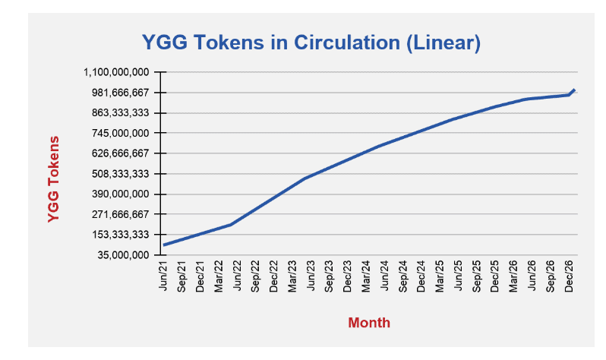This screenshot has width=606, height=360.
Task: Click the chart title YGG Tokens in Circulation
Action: pyautogui.click(x=311, y=43)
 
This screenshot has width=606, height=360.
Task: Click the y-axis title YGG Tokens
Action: pyautogui.click(x=53, y=179)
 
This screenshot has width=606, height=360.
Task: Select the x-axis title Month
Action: pyautogui.click(x=369, y=323)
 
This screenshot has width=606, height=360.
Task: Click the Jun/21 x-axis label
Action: pyautogui.click(x=163, y=276)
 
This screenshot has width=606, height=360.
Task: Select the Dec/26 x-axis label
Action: pyautogui.click(x=569, y=276)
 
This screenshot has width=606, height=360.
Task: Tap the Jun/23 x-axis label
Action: pyautogui.click(x=311, y=276)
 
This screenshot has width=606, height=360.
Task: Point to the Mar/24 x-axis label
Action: pyautogui.click(x=366, y=276)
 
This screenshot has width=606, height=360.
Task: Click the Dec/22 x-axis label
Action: pyautogui.click(x=274, y=276)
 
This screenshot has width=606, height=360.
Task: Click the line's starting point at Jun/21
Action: pyautogui.click(x=164, y=245)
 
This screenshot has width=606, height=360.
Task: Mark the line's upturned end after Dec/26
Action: pyautogui.click(x=575, y=90)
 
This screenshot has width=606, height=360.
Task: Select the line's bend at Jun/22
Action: pyautogui.click(x=231, y=225)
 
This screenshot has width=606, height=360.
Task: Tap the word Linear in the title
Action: pyautogui.click(x=443, y=43)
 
